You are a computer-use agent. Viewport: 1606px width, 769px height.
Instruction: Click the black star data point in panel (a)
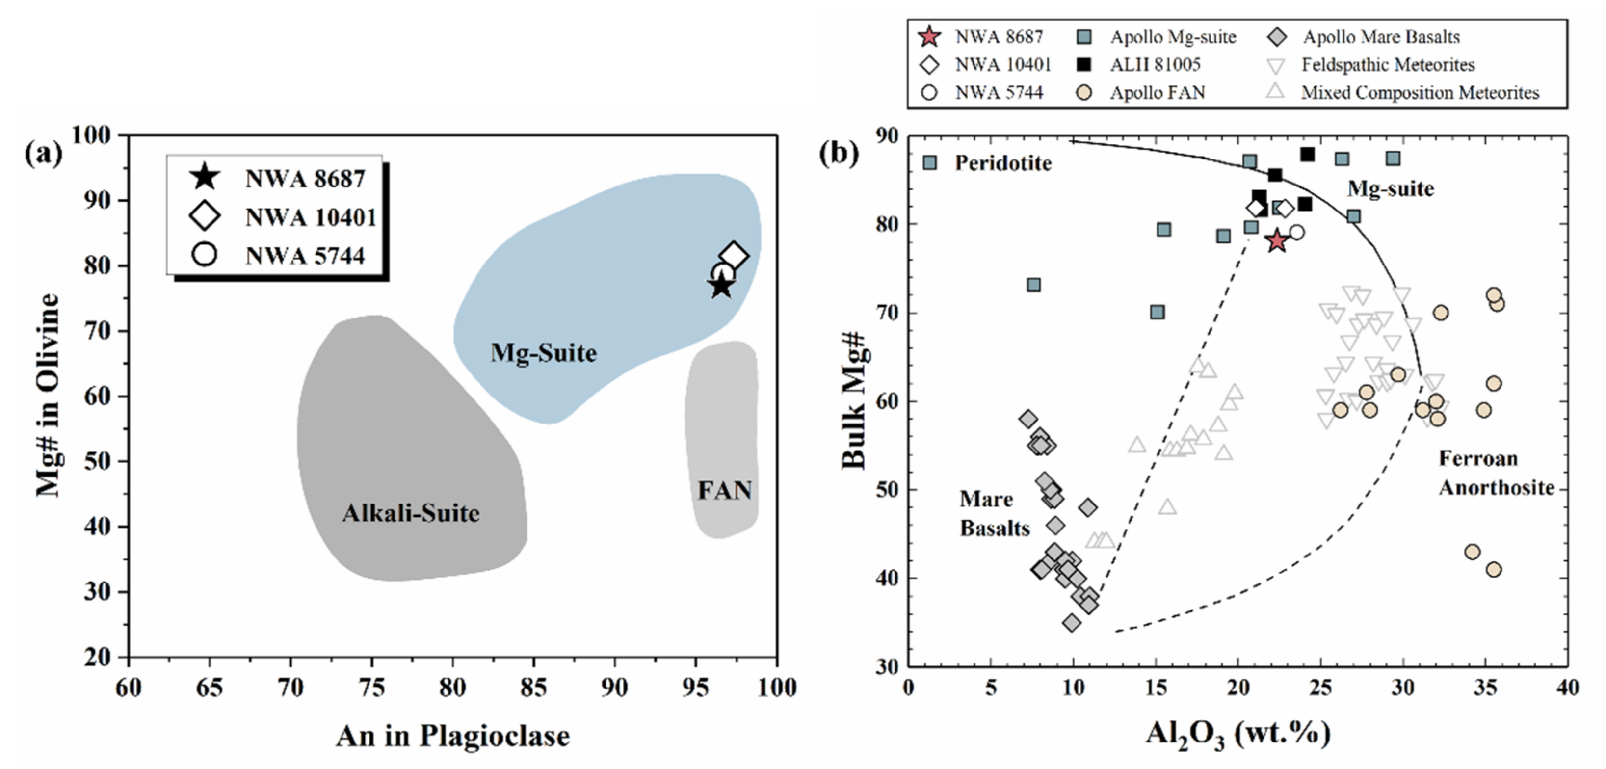pos(721,286)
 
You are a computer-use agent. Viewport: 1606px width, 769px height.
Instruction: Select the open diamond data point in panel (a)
pos(734,256)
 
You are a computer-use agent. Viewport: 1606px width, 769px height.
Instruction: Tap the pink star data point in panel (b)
pos(1277,241)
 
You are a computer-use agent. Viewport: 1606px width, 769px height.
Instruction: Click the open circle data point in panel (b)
pos(1297,233)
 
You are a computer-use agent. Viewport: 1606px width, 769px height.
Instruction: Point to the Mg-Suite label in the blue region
pos(543,353)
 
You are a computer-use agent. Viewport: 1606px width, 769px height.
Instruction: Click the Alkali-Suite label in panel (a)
pos(411,513)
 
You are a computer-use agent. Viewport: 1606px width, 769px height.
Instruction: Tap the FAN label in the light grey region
pos(724,490)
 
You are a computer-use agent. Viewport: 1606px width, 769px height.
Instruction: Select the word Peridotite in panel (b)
pos(1003,163)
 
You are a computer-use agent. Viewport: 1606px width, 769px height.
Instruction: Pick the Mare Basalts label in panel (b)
pos(995,513)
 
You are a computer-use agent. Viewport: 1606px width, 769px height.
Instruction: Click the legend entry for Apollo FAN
pos(1157,93)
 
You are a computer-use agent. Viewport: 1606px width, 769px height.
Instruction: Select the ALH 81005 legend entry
pos(1155,65)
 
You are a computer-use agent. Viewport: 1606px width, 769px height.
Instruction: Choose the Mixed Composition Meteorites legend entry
pos(1420,93)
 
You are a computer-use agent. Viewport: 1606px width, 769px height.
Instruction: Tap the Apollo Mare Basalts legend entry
pos(1381,37)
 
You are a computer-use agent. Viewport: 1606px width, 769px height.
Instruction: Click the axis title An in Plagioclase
pos(452,736)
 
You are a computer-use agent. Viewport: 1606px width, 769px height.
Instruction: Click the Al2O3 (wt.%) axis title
pos(1237,735)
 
